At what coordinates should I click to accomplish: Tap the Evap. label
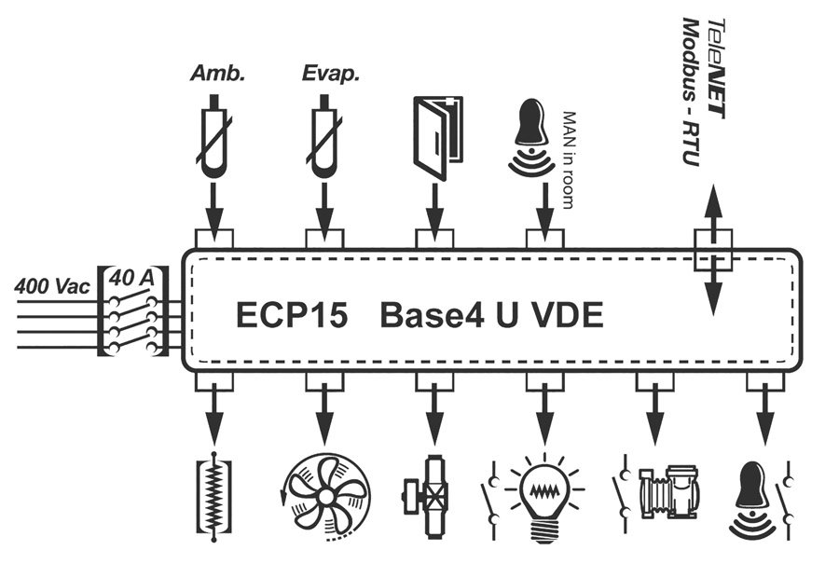point(325,74)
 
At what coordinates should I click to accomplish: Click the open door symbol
point(435,139)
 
